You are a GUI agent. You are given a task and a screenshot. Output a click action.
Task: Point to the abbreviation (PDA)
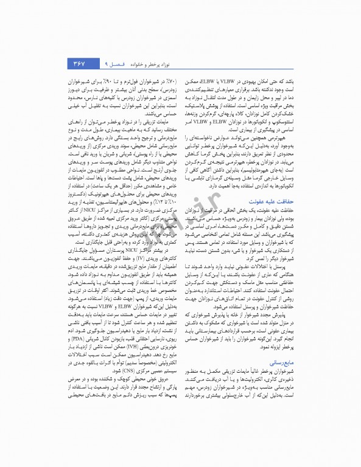point(82,338)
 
